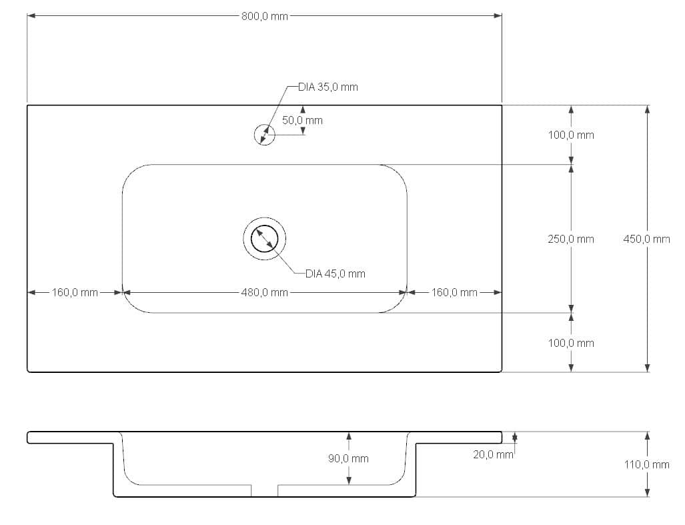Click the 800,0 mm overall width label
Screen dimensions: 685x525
point(265,16)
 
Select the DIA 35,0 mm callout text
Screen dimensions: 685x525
point(328,87)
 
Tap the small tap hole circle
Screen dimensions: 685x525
point(264,135)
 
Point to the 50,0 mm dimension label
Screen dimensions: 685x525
point(302,120)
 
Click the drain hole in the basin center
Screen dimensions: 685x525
point(264,238)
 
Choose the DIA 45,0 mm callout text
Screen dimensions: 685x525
point(335,274)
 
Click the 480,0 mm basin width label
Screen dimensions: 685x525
point(265,292)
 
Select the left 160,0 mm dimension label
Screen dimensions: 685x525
point(75,292)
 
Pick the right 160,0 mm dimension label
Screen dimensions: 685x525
point(454,292)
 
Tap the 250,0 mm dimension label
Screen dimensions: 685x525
point(571,239)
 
